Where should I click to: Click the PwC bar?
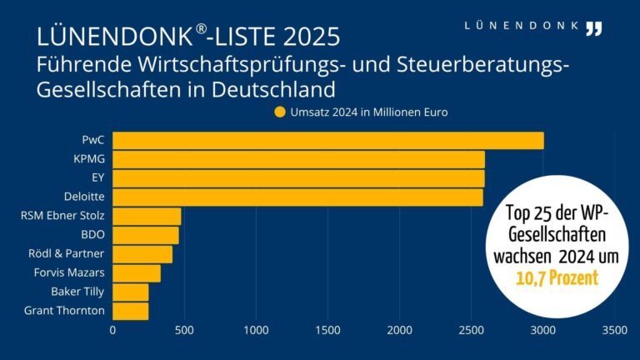(327, 140)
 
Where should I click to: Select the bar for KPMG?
(298, 159)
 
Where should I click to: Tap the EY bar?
(298, 178)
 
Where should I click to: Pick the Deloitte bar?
(297, 197)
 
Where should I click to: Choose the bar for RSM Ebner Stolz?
(147, 217)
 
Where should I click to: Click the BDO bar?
(145, 236)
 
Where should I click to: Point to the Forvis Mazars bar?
(137, 273)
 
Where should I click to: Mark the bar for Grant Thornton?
(130, 312)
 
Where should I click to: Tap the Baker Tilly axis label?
(78, 292)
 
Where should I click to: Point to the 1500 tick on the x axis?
(327, 331)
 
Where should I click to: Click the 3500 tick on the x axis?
(614, 331)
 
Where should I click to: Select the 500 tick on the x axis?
(184, 331)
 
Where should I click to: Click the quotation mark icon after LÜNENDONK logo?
(592, 28)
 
